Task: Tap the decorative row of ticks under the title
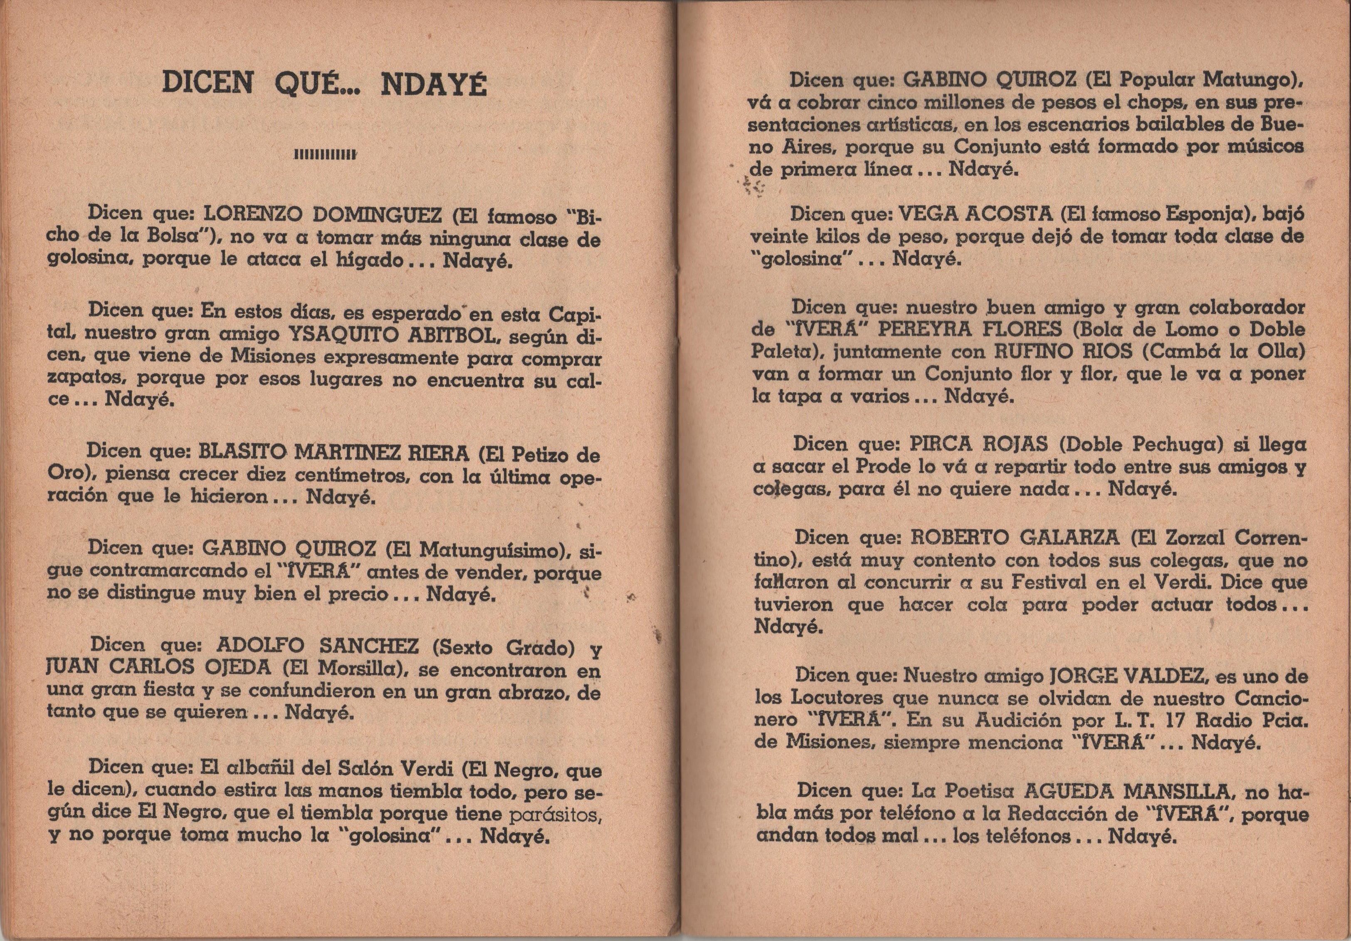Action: pos(326,155)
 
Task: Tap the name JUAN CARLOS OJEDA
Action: pos(159,668)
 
